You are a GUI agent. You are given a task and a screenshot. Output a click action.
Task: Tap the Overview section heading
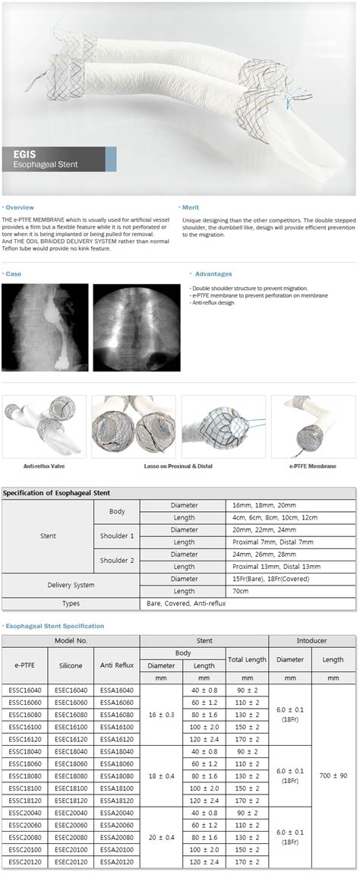tap(18, 207)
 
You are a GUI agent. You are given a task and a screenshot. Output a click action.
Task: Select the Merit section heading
tap(191, 207)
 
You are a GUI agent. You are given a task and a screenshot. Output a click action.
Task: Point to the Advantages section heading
tap(213, 273)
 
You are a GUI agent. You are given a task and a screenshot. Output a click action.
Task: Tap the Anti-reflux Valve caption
tap(43, 465)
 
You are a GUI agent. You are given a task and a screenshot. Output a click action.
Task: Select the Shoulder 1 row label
tap(117, 535)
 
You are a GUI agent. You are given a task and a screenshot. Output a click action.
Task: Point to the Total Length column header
tap(248, 659)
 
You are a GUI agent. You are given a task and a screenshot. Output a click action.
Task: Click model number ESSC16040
tap(26, 690)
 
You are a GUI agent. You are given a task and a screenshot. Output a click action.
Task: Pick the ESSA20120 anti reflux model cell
tap(116, 862)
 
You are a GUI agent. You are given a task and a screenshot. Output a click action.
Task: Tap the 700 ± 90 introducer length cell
tap(333, 776)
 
